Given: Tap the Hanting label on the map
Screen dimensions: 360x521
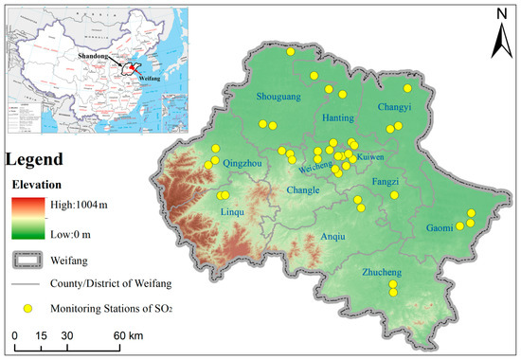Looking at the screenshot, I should (338, 118).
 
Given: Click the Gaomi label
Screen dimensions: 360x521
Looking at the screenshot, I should (440, 228).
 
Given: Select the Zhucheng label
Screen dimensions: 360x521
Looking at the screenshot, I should (383, 273).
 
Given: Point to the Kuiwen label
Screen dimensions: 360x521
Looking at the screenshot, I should (370, 155).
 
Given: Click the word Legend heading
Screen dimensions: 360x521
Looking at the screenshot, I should (34, 159).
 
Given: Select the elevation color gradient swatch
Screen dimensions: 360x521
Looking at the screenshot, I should (27, 217).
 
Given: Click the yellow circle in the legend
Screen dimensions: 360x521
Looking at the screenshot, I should (28, 308).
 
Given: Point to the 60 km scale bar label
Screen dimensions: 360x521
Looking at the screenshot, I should (123, 336).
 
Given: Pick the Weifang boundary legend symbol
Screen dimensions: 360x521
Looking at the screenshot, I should (28, 258).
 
